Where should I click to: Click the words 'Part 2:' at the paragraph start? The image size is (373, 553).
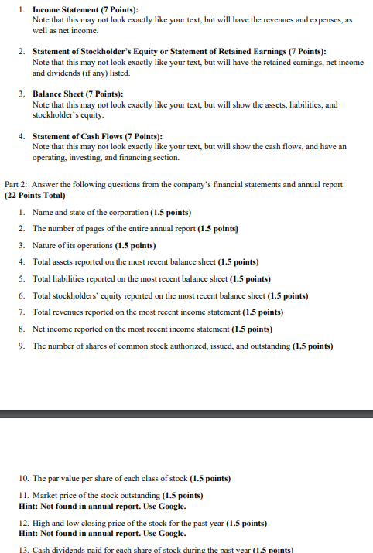coord(17,185)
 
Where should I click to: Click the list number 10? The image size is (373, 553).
coord(23,477)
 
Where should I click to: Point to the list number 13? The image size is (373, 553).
coord(23,549)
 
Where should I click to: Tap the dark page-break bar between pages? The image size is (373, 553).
coord(186,414)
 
